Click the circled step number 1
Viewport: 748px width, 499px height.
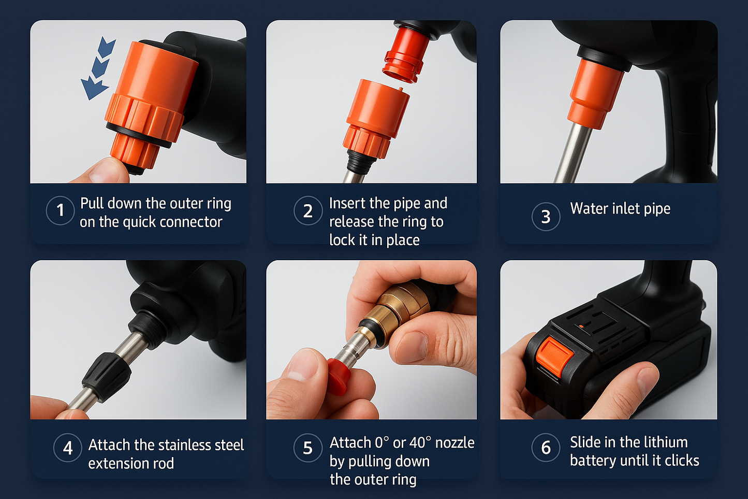tap(60, 210)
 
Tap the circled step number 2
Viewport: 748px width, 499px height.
tap(307, 211)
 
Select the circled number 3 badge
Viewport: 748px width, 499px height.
tap(546, 217)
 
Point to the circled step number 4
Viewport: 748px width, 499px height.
tap(68, 448)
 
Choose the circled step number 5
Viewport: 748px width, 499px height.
tap(307, 448)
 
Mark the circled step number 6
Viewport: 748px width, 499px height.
tap(546, 448)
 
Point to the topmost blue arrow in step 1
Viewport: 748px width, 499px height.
tap(107, 47)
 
